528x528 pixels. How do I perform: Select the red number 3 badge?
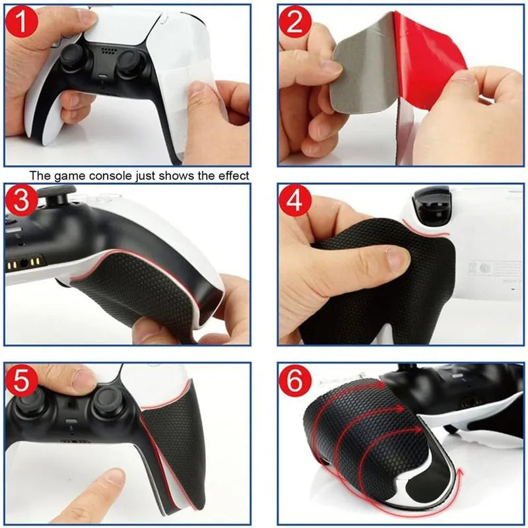(23, 201)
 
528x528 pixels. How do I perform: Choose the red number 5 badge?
(23, 381)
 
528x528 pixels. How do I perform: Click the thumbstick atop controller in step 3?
(48, 194)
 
